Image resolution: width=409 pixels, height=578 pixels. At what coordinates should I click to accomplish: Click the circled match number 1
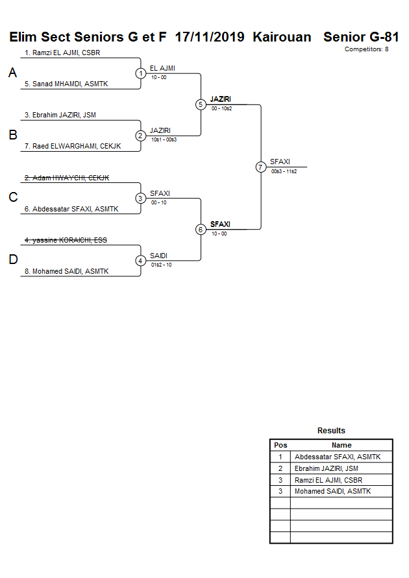(x=141, y=73)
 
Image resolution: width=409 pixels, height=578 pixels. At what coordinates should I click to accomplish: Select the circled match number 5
(x=201, y=104)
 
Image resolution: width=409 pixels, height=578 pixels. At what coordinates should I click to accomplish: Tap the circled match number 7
(x=261, y=167)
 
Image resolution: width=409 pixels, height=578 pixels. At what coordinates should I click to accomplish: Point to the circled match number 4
(x=141, y=261)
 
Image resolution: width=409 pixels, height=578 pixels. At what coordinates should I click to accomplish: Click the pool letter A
(x=12, y=73)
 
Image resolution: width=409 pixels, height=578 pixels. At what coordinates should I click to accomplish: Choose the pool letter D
(x=12, y=260)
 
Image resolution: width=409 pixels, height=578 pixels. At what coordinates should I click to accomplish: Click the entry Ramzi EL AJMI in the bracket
(x=62, y=53)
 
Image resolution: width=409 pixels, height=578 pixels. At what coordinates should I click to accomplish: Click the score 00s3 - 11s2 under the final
(x=284, y=171)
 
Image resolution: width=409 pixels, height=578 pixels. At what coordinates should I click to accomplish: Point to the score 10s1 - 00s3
(x=164, y=139)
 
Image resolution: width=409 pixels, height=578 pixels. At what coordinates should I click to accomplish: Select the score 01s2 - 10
(x=161, y=264)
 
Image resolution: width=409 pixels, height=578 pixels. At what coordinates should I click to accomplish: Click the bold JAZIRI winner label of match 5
(x=221, y=99)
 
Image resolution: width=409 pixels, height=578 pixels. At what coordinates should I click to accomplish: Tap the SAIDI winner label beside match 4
(x=158, y=256)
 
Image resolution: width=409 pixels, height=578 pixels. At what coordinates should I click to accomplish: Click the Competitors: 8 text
(x=366, y=49)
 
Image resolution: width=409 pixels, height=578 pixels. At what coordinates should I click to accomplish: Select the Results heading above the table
(x=331, y=431)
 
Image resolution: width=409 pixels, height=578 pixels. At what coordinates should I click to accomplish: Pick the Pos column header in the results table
(x=280, y=445)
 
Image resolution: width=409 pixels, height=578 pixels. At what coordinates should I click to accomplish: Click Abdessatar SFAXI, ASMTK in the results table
(x=338, y=457)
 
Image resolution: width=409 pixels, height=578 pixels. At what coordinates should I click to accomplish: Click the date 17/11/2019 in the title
(x=210, y=37)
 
